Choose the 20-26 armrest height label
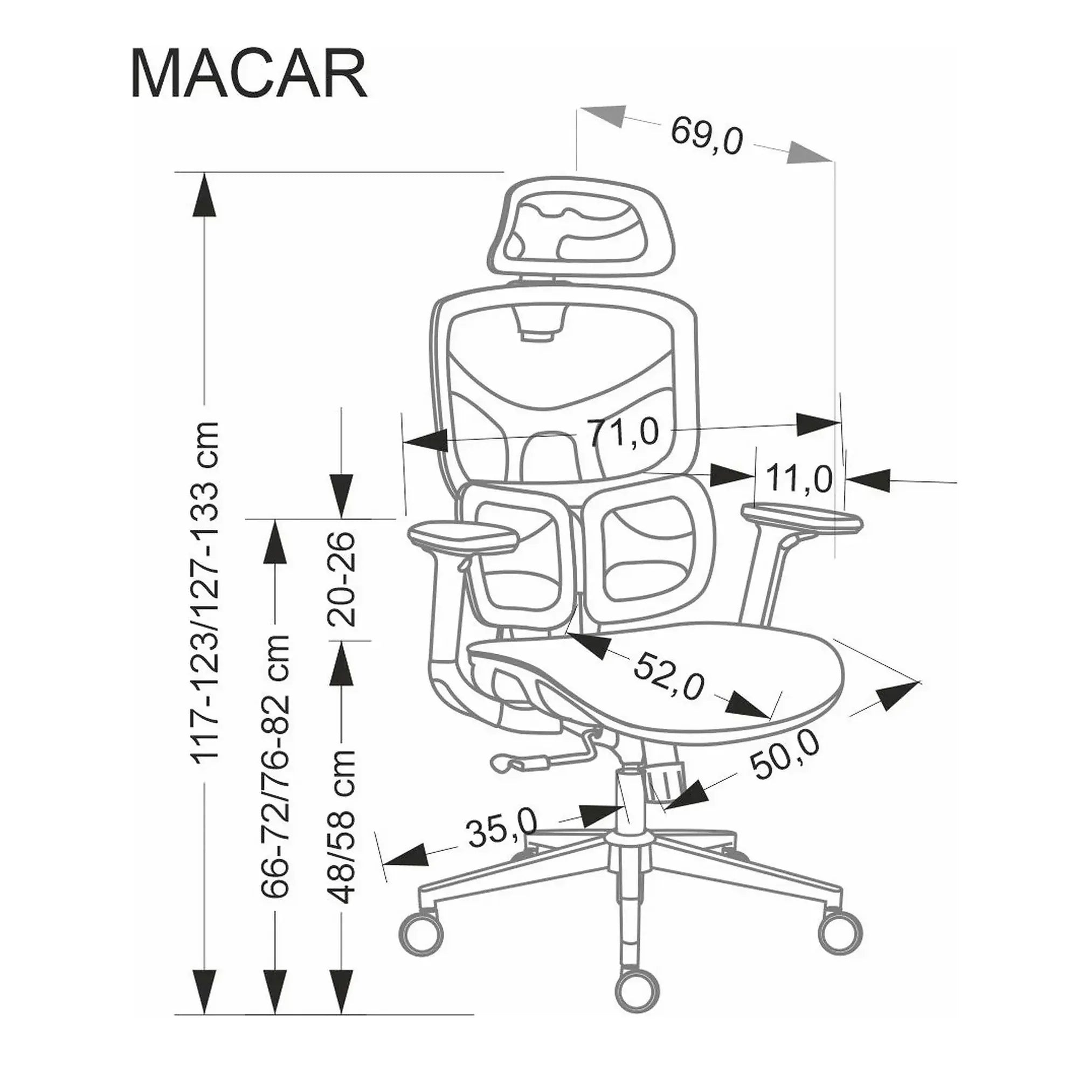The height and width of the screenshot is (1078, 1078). [x=342, y=577]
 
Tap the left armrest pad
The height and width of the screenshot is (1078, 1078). [x=464, y=536]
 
